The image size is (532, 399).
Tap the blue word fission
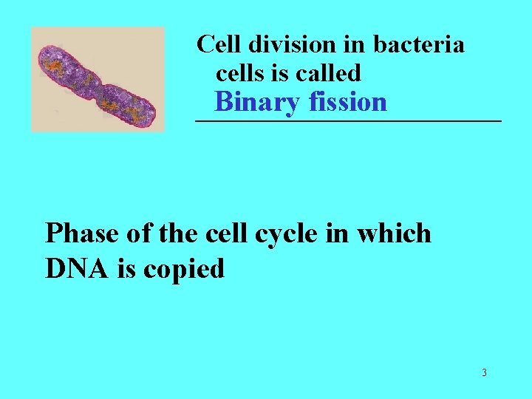click(x=345, y=101)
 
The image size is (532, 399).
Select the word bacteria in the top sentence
click(x=419, y=44)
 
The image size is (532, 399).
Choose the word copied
click(x=183, y=270)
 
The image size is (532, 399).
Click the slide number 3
click(x=484, y=372)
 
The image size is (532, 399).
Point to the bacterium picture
click(x=98, y=79)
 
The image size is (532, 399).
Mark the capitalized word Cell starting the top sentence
click(x=219, y=44)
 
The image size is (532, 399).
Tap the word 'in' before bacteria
click(x=357, y=44)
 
